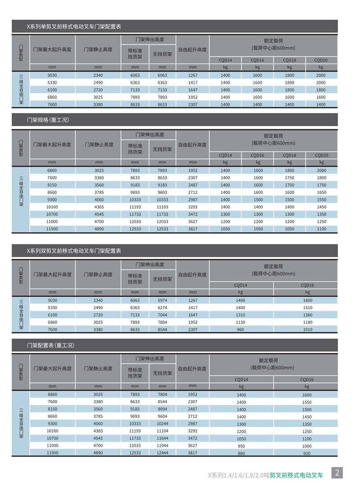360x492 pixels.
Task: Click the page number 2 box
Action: click(337, 473)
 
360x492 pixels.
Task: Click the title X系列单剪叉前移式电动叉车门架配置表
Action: click(74, 27)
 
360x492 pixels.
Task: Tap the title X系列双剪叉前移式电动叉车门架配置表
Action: click(74, 251)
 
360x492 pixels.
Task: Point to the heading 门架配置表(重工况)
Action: click(50, 345)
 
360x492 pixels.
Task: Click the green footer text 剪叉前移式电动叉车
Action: click(297, 475)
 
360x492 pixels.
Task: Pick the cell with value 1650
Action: click(321, 192)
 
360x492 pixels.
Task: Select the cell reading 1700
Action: click(289, 185)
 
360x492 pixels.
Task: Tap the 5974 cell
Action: click(162, 300)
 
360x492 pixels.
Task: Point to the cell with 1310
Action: click(241, 315)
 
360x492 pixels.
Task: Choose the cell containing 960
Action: click(241, 330)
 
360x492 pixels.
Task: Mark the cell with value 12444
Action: click(162, 453)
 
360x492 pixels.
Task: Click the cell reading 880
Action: click(241, 453)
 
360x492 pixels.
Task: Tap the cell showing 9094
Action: click(162, 409)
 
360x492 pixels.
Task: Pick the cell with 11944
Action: click(162, 446)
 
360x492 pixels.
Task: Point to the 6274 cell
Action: click(162, 307)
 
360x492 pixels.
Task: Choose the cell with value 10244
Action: click(162, 424)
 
